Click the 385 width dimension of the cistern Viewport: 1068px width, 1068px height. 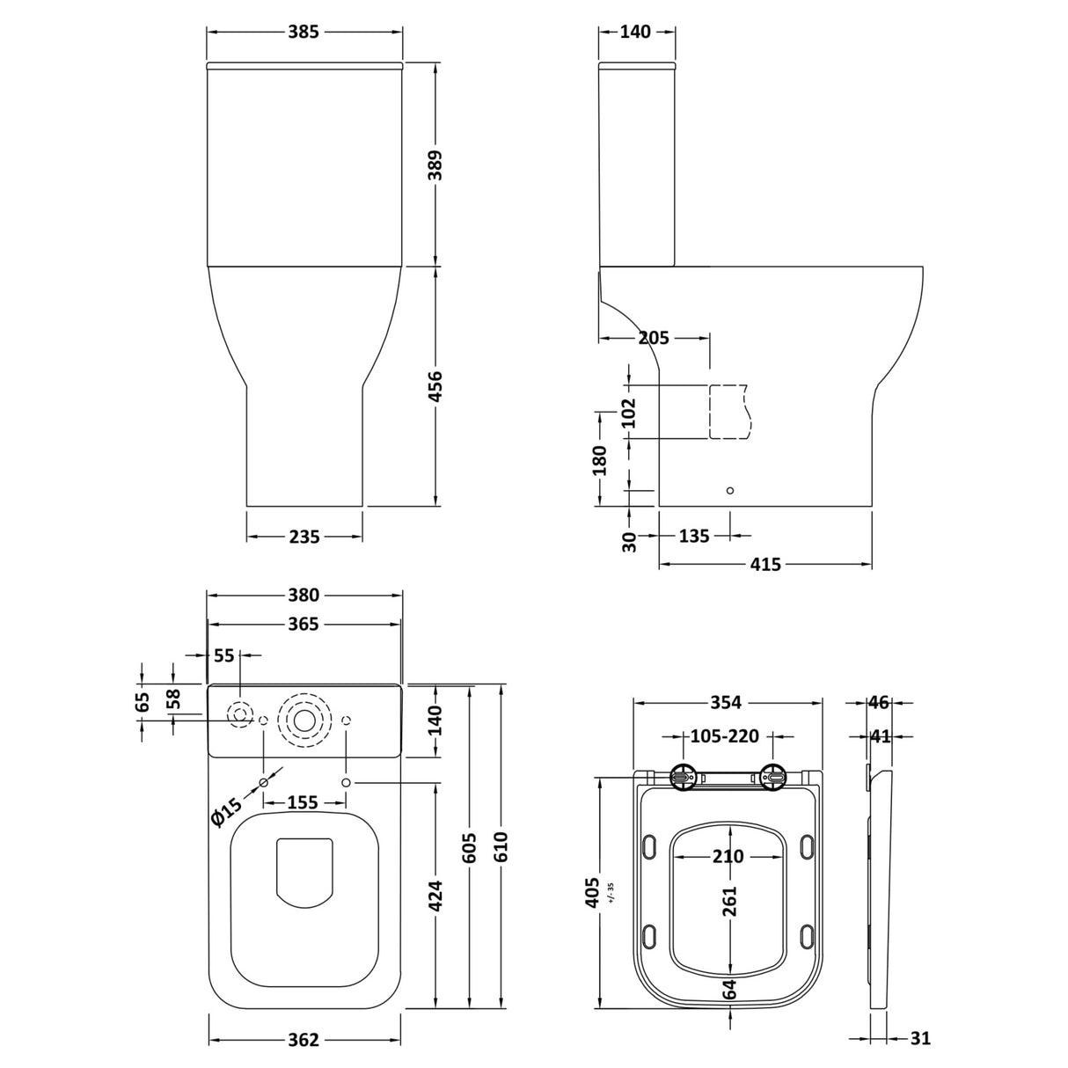click(x=304, y=33)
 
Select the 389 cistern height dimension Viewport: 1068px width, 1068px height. click(x=435, y=165)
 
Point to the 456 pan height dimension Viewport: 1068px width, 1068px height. click(x=435, y=387)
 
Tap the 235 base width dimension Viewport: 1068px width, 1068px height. click(x=304, y=536)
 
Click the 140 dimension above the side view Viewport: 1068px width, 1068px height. click(x=635, y=33)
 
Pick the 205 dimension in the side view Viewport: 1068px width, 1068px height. click(x=653, y=338)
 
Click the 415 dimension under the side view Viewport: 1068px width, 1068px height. click(x=765, y=565)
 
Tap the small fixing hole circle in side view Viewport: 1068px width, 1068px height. click(x=729, y=491)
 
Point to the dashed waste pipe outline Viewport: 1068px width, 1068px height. click(x=729, y=412)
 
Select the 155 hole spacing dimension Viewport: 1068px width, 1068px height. click(x=303, y=802)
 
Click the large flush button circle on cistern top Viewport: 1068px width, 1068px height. click(x=304, y=720)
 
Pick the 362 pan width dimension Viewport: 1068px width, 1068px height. click(x=304, y=1040)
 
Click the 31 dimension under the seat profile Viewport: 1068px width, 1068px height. click(x=918, y=1039)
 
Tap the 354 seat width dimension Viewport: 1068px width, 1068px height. click(x=727, y=703)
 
